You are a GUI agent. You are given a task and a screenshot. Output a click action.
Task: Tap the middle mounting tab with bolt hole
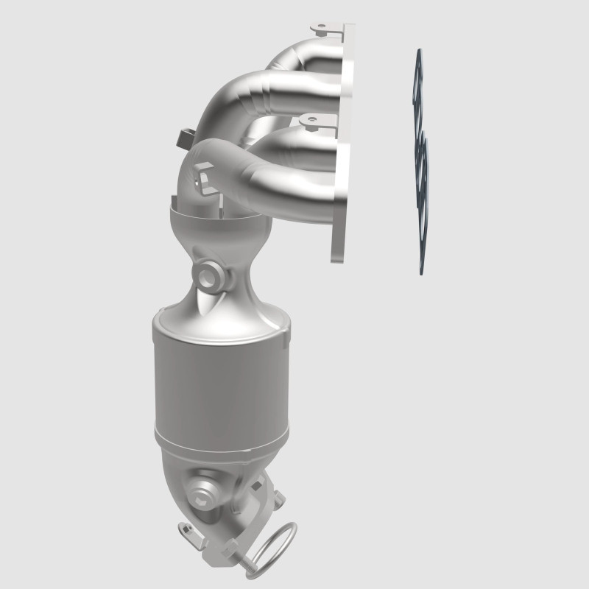point(310,119)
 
